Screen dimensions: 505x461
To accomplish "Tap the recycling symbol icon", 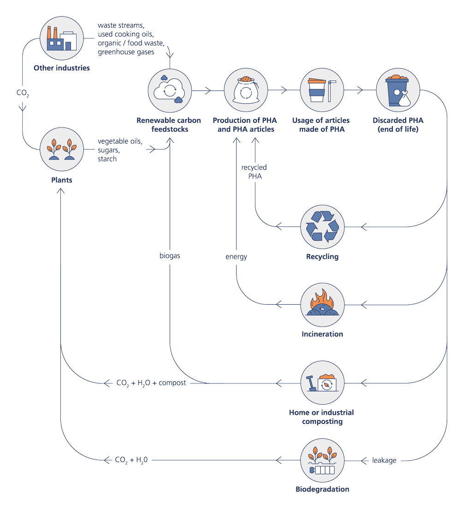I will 322,226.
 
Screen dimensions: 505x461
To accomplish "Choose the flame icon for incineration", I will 322,304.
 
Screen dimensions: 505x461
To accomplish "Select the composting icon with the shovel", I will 322,382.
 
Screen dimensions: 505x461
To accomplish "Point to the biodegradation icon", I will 322,460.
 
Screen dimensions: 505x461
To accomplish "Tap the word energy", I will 236,256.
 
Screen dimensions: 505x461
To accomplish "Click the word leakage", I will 384,460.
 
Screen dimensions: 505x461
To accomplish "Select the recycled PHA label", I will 254,172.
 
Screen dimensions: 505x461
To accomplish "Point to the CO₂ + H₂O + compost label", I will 151,383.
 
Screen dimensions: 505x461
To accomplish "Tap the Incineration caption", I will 322,334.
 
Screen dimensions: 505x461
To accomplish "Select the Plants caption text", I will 61,180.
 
